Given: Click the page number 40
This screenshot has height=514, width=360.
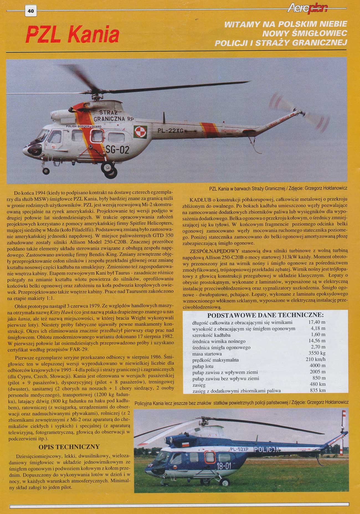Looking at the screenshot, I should pos(30,11).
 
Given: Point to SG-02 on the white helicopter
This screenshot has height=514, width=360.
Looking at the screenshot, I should pos(118,150).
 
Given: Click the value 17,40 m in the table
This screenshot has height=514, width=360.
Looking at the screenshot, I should pos(317,322).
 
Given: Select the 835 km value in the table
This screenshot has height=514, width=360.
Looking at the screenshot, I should pos(318,390).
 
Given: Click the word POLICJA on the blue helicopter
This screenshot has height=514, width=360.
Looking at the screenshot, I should pos(266,449).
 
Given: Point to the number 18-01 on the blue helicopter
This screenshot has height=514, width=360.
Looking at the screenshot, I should pos(223,466).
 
